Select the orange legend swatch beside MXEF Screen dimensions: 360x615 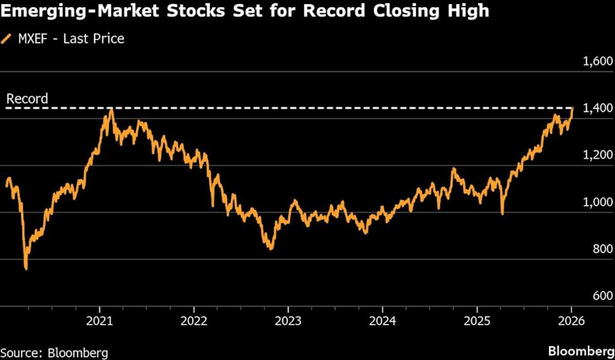pos(7,39)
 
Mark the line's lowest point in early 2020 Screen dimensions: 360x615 pos(26,269)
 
